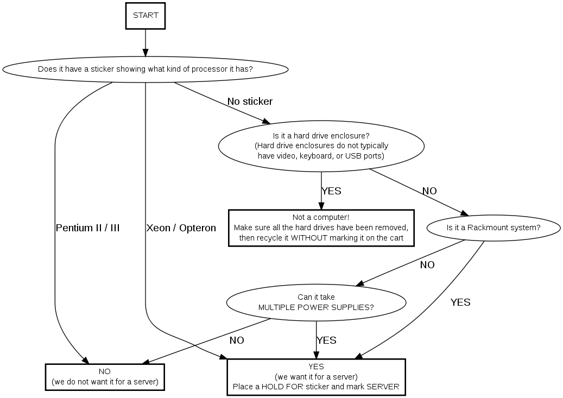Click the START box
point(146,16)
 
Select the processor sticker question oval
point(146,70)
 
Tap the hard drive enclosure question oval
point(321,146)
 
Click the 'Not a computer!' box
point(321,228)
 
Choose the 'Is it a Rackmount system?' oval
point(494,228)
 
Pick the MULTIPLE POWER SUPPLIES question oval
point(316,302)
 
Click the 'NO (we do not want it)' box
point(105,376)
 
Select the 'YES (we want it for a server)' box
point(316,376)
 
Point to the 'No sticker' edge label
point(250,102)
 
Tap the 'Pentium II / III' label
point(87,228)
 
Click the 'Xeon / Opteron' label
point(181,228)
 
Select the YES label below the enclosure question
point(331,191)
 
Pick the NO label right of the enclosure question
point(429,191)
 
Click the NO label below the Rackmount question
point(427,265)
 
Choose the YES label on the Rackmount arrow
point(460,302)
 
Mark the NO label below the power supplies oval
point(237,340)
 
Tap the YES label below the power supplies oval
point(326,340)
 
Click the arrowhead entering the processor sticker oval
point(146,53)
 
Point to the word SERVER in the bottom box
point(383,387)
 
